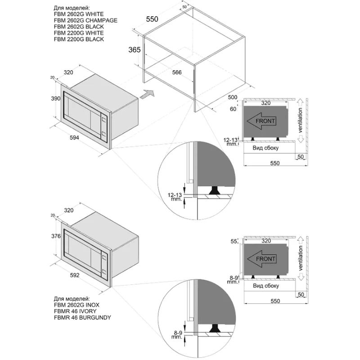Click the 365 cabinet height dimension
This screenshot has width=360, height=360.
(x=134, y=50)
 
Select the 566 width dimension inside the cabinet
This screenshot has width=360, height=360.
(x=177, y=72)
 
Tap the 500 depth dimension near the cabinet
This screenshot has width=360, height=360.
(x=232, y=97)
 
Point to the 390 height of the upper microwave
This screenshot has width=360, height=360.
(x=55, y=99)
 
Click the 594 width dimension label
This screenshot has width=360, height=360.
(x=74, y=138)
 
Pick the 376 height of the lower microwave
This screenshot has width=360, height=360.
(x=56, y=236)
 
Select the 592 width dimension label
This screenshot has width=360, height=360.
(x=75, y=275)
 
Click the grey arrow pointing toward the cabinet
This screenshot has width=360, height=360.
(x=147, y=94)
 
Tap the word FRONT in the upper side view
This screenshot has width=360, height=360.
(x=265, y=121)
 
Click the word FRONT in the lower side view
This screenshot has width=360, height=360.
(x=265, y=259)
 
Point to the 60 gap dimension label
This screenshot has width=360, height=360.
(x=233, y=109)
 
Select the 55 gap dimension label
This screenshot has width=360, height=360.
(x=234, y=242)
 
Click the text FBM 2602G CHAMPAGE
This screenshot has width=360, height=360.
(x=85, y=20)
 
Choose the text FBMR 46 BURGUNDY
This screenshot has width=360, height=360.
(x=82, y=318)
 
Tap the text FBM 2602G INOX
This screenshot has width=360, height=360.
(x=76, y=305)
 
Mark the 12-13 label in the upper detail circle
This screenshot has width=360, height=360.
(x=175, y=195)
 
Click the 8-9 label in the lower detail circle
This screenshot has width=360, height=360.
(x=178, y=333)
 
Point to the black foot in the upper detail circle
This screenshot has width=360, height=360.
(x=215, y=190)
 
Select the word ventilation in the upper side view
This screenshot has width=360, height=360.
(x=300, y=120)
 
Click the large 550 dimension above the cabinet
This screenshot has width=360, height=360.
(x=152, y=19)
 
